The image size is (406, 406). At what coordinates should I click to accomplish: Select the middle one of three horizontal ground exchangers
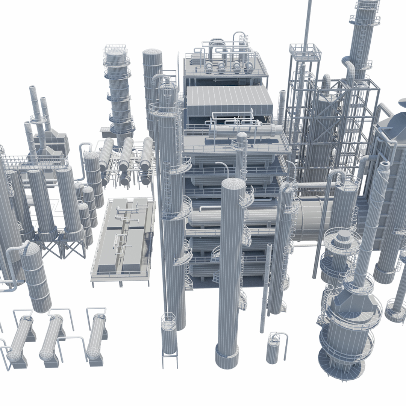point(51,337)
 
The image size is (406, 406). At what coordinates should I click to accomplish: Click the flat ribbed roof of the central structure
point(229,100)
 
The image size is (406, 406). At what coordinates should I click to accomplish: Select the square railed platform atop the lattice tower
point(305,51)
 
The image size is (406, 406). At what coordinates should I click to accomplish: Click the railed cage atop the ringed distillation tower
point(116,51)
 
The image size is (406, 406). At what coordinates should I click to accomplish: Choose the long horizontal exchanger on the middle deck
point(244,131)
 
